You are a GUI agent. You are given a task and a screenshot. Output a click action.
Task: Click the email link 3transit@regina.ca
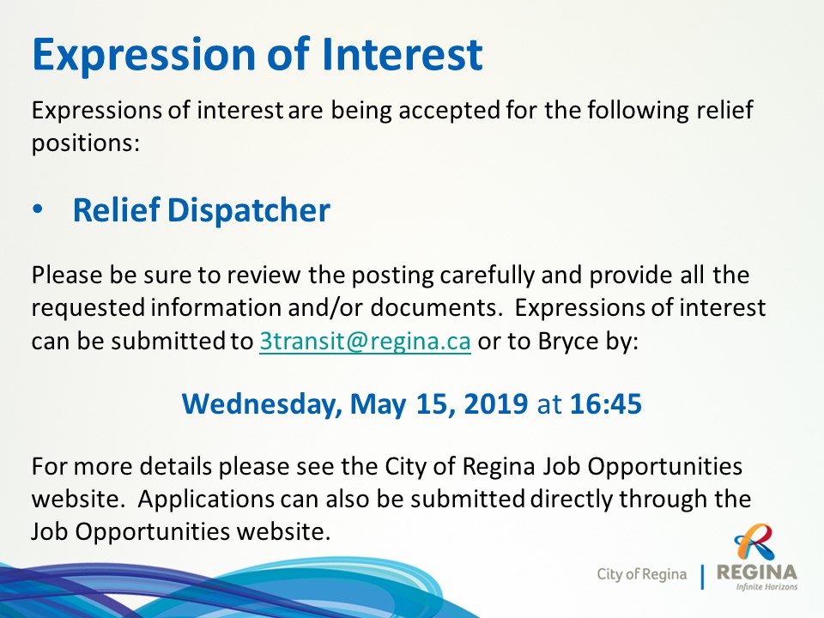[x=365, y=342]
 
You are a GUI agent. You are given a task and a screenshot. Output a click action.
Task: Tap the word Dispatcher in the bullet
[x=249, y=210]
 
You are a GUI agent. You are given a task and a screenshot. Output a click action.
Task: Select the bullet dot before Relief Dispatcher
[x=37, y=209]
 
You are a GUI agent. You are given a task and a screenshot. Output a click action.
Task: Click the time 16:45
[x=606, y=403]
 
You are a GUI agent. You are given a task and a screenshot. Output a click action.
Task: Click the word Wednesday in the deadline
[x=261, y=404]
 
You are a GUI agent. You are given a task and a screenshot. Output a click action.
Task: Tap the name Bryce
[x=568, y=342]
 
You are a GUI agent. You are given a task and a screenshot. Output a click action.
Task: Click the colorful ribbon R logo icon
[x=755, y=542]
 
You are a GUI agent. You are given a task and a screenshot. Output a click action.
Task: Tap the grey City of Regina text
[x=641, y=574]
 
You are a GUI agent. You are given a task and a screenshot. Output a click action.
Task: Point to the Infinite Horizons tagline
[x=766, y=586]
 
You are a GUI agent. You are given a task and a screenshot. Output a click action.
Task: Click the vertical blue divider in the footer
[x=702, y=577]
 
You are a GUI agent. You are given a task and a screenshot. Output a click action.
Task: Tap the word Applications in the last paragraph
[x=206, y=500]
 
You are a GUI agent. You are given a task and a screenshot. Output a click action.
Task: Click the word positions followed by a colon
[x=86, y=143]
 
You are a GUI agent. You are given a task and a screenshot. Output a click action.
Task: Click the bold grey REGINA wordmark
[x=757, y=573]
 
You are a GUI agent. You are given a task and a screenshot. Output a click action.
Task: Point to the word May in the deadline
[x=378, y=404]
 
